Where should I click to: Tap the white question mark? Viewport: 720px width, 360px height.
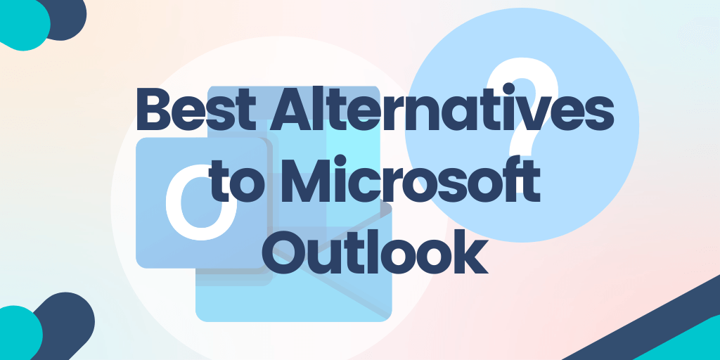point(522,105)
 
